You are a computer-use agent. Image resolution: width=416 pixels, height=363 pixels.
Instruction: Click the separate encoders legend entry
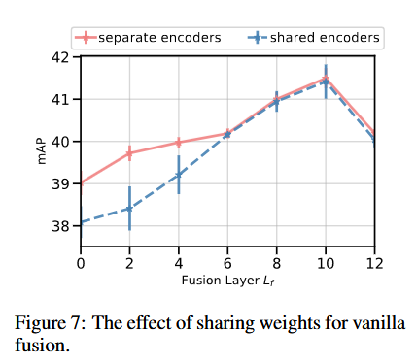(148, 38)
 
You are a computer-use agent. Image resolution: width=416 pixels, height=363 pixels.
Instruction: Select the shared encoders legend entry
(314, 38)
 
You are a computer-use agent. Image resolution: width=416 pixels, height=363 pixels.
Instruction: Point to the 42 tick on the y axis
(60, 57)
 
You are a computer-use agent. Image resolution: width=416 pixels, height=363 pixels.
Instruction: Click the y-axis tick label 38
(60, 226)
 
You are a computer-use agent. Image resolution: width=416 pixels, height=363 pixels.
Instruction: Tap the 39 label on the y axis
(60, 183)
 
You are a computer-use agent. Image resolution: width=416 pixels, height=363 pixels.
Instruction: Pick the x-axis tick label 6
(227, 264)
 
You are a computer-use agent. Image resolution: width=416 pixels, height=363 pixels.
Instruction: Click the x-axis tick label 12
(374, 264)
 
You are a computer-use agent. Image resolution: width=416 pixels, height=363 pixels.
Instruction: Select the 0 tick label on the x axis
(81, 264)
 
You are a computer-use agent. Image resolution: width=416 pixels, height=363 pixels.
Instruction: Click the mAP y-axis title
(42, 152)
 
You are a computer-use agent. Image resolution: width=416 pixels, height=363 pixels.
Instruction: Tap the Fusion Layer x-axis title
(227, 280)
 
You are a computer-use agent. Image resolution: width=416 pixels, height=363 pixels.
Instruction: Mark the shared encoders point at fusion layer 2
(129, 209)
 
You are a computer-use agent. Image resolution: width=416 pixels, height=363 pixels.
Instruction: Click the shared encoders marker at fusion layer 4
(179, 175)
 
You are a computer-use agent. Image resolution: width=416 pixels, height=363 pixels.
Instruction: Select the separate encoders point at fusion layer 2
(129, 153)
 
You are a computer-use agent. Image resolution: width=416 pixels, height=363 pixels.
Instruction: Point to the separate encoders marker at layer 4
(179, 143)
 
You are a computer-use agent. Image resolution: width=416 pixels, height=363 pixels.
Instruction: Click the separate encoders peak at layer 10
(326, 79)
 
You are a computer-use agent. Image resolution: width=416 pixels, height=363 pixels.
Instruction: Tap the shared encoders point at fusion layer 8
(276, 102)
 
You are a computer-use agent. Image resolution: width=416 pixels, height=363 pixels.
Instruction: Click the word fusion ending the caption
(42, 345)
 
